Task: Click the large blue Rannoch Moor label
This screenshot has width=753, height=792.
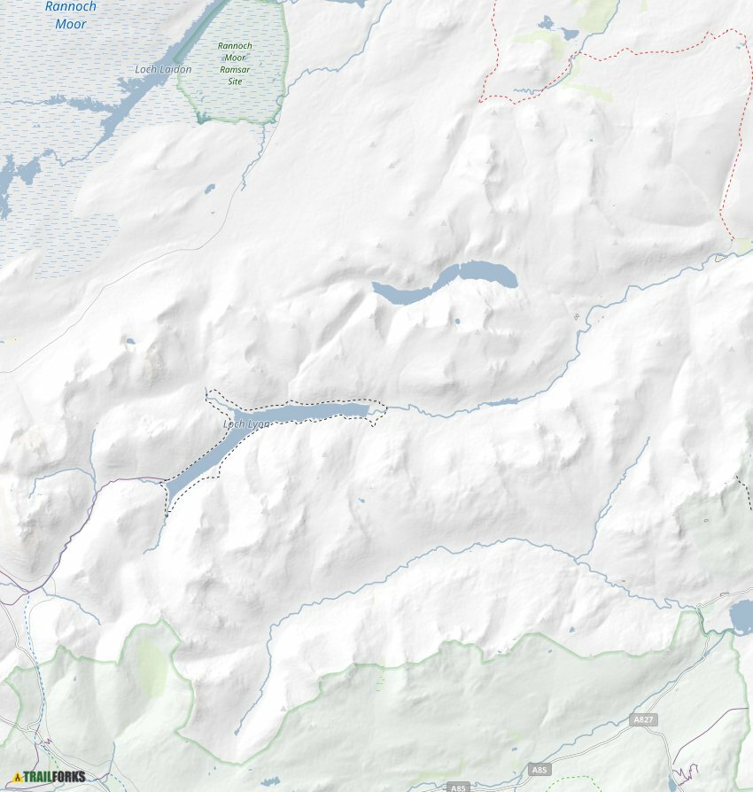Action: click(71, 15)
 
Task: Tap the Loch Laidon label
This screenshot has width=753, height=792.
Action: click(163, 69)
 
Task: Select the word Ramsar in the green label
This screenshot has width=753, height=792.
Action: click(236, 70)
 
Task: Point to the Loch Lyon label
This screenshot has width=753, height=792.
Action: click(246, 424)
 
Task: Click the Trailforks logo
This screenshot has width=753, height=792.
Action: click(50, 777)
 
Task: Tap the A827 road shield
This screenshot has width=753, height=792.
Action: click(645, 720)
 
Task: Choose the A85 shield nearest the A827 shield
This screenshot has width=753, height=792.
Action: click(540, 771)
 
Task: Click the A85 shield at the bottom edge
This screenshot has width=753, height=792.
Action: click(457, 788)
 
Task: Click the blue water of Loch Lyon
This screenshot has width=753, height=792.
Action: click(301, 412)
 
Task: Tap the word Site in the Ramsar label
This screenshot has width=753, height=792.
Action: click(235, 82)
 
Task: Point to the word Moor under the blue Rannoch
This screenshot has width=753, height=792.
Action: click(71, 25)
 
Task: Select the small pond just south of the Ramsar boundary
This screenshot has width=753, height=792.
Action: click(210, 188)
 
